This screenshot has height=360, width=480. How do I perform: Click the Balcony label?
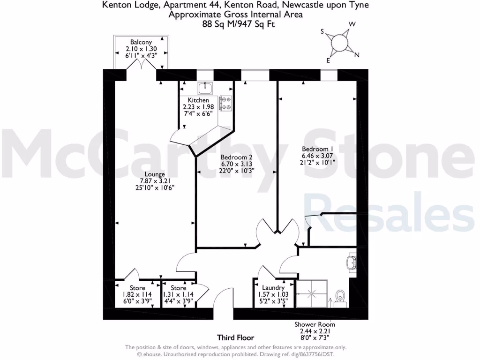[141, 42]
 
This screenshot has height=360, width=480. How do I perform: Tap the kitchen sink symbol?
[205, 88]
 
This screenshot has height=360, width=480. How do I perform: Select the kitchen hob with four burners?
[226, 104]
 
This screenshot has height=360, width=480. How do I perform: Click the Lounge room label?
[155, 174]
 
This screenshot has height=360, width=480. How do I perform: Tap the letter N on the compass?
[357, 55]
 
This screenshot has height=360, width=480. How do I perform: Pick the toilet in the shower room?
[341, 297]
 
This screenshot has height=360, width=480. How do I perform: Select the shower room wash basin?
[352, 262]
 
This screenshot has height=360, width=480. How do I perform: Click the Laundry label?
[273, 287]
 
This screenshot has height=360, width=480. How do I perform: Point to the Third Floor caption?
[235, 337]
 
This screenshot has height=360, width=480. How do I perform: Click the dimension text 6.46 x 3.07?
[318, 156]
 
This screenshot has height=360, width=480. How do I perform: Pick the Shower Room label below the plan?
[315, 324]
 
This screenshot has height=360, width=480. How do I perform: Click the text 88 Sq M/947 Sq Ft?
[235, 23]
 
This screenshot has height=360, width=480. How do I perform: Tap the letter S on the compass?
[322, 32]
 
